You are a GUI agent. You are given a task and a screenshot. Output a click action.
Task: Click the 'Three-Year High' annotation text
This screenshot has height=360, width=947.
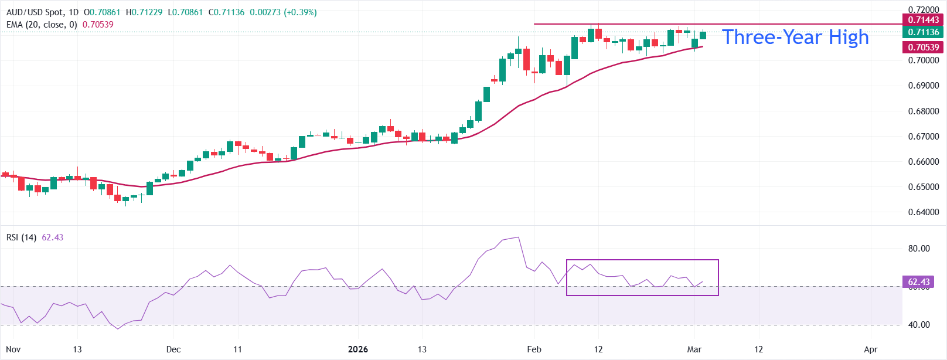pyautogui.click(x=795, y=38)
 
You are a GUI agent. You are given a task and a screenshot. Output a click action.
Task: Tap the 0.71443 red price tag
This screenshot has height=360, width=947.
pyautogui.click(x=923, y=20)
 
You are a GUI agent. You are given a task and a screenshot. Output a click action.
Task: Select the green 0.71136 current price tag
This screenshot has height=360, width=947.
pyautogui.click(x=923, y=32)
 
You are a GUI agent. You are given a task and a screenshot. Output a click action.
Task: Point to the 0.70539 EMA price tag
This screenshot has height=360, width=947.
pyautogui.click(x=923, y=47)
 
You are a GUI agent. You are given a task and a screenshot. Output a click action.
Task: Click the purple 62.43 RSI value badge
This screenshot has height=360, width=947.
pyautogui.click(x=918, y=282)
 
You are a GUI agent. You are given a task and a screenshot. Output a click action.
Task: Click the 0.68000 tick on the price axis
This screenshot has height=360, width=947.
pyautogui.click(x=923, y=111)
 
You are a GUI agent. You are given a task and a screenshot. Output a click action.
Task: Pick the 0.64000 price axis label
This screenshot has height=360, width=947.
pyautogui.click(x=923, y=212)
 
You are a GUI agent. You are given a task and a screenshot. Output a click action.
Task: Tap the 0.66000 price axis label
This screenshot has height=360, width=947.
pyautogui.click(x=923, y=162)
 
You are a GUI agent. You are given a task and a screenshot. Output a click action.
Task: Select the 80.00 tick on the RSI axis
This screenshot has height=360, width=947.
pyautogui.click(x=919, y=249)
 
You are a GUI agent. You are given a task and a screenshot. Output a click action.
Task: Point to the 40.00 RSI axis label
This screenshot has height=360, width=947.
pyautogui.click(x=919, y=325)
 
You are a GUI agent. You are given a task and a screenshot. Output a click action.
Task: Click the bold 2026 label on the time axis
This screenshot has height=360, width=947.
pyautogui.click(x=357, y=349)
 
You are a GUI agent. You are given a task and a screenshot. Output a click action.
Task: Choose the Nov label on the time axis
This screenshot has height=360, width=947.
pyautogui.click(x=13, y=349)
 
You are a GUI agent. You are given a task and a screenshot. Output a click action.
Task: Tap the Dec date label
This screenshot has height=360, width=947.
pyautogui.click(x=173, y=349)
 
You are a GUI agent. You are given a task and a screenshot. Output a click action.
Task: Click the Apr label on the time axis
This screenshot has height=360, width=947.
pyautogui.click(x=871, y=349)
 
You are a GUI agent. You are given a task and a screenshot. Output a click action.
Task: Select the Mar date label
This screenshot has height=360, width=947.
pyautogui.click(x=694, y=349)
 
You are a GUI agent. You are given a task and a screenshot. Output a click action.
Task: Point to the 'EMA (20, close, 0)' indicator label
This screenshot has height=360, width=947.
pyautogui.click(x=42, y=25)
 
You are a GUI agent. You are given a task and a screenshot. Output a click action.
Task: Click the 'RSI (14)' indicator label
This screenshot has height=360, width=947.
pyautogui.click(x=21, y=237)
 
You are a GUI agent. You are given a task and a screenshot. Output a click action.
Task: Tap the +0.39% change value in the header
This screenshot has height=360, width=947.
pyautogui.click(x=300, y=12)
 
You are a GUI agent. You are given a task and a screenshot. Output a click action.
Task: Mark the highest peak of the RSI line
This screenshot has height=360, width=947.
pyautogui.click(x=518, y=237)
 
